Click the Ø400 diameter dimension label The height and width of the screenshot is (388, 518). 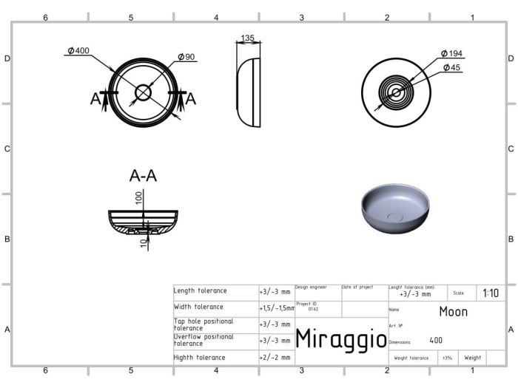click(x=78, y=51)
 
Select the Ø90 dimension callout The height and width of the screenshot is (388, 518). click(x=186, y=57)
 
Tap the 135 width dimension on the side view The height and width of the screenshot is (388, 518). click(x=248, y=38)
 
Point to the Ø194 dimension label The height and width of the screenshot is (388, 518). click(x=451, y=54)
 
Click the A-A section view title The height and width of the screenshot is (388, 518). click(x=143, y=176)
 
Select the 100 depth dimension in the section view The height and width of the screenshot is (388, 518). click(x=138, y=197)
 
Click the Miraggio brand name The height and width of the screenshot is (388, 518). click(x=340, y=339)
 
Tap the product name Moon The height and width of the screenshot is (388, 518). click(x=453, y=311)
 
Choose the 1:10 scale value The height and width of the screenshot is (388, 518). click(x=490, y=293)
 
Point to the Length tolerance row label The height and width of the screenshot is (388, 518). click(x=201, y=291)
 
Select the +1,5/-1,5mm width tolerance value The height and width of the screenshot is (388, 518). click(x=276, y=307)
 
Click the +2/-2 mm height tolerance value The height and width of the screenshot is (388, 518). click(x=275, y=358)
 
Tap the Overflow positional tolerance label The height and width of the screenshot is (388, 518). click(x=203, y=340)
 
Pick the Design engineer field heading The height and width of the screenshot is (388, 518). click(x=311, y=287)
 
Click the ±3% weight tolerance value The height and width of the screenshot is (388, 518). click(x=447, y=358)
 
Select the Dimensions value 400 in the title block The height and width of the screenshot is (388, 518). click(x=436, y=341)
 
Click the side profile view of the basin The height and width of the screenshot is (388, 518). click(x=249, y=92)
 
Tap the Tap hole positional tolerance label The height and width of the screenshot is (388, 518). click(x=203, y=324)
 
